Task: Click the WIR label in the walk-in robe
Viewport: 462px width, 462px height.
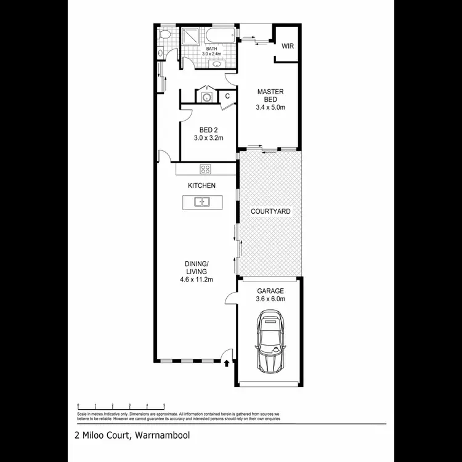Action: point(288,46)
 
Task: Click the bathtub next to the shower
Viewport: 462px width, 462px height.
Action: point(221,34)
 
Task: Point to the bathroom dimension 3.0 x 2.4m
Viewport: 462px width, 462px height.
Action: point(211,54)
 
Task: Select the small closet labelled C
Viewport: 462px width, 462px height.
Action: point(227,96)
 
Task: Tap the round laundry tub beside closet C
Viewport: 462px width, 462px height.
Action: point(206,97)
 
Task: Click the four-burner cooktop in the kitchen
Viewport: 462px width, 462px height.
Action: point(205,169)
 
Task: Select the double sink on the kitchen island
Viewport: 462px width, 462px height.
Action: point(201,201)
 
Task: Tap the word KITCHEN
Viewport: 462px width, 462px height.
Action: point(201,185)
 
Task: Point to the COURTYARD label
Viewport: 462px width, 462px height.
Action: point(270,211)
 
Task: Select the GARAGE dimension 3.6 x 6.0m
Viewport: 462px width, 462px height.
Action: point(270,299)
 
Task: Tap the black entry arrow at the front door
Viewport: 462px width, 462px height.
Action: point(228,363)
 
